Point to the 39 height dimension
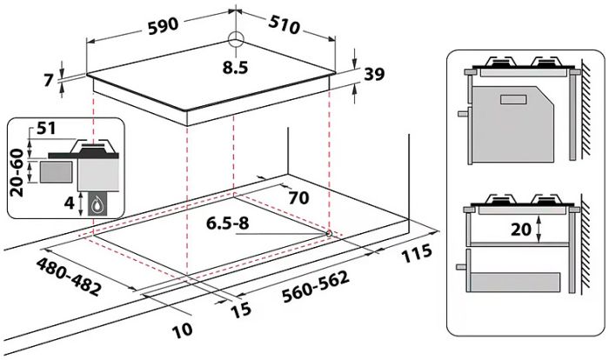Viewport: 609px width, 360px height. click(x=374, y=75)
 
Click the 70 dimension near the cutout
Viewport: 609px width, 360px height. click(x=298, y=198)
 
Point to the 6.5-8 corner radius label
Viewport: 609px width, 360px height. click(x=228, y=223)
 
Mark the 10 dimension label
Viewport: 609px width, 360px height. click(x=182, y=330)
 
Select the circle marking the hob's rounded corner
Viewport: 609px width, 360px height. click(x=235, y=39)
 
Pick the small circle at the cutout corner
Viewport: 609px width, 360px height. click(x=329, y=232)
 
